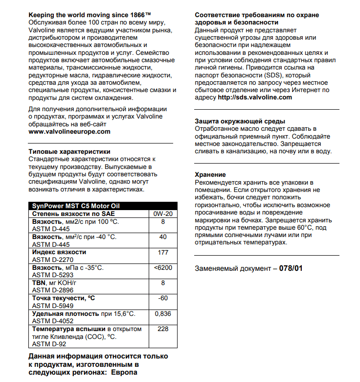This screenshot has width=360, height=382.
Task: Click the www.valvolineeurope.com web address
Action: coord(69,131)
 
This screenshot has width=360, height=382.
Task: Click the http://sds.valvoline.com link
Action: coord(255,97)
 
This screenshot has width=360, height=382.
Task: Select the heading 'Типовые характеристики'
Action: coord(69,152)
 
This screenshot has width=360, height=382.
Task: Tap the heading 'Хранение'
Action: coord(210,174)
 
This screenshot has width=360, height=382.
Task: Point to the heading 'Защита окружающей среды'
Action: coord(240,121)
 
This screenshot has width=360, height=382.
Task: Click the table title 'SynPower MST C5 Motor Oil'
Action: coord(76,206)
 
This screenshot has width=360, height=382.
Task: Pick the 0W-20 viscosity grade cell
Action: coord(163,214)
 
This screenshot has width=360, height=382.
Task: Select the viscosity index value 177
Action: coord(163,252)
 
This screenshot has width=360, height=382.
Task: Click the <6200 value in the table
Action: coord(163,268)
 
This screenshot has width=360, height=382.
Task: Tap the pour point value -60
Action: coord(163,298)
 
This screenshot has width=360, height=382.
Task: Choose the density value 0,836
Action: coord(163,313)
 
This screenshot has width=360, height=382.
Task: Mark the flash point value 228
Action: coord(163,329)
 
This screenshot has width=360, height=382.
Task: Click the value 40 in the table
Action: coord(163,237)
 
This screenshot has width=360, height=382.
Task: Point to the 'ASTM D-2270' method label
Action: coord(53,260)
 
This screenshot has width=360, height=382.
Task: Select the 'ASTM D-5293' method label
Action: coord(53,275)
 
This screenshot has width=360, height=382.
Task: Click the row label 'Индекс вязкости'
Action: coord(59,252)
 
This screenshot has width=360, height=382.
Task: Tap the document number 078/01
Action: coord(291,268)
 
